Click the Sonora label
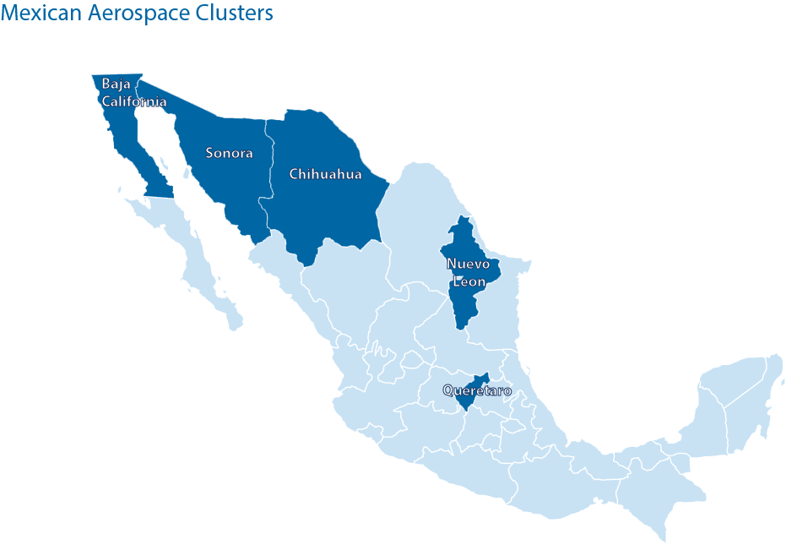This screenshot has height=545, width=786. tap(230, 153)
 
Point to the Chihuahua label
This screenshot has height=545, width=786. tap(325, 174)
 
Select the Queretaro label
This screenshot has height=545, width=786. tap(477, 391)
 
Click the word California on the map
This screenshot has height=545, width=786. tap(134, 101)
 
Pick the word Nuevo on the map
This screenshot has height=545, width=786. tap(468, 263)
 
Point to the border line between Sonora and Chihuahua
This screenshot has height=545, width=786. tap(268, 169)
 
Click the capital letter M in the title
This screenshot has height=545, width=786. tap(10, 14)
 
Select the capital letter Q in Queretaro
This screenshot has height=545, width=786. tap(448, 391)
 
